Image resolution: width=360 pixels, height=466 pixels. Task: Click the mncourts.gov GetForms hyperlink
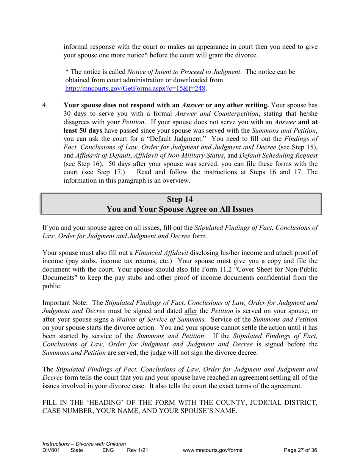(135, 88)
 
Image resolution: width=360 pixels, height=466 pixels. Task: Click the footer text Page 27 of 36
(300, 450)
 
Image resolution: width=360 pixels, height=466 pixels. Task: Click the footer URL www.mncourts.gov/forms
(212, 450)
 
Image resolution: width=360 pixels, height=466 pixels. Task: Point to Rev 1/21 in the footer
(137, 450)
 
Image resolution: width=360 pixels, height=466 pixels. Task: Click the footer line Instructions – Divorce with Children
(84, 444)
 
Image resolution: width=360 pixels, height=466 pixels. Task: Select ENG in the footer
(108, 450)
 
